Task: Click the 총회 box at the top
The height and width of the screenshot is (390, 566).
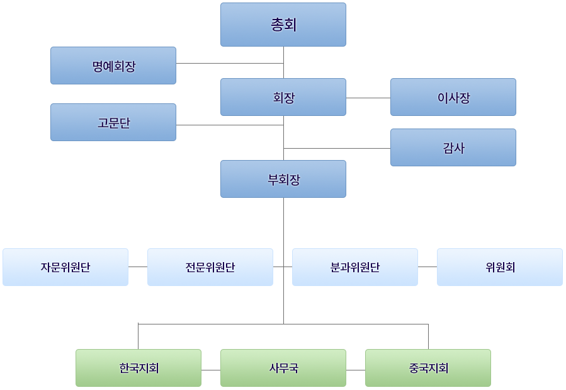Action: point(283,25)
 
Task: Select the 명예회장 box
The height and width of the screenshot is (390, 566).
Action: point(113,66)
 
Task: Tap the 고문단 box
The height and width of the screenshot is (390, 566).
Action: point(113,122)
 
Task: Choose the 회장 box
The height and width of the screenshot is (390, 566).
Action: point(283,97)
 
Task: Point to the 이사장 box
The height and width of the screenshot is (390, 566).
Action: point(453,97)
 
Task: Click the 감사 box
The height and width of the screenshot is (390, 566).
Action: point(453,147)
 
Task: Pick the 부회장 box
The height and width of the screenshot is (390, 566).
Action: point(283,179)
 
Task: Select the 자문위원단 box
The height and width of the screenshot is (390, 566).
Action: point(65,267)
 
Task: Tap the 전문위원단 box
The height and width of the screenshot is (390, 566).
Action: point(210,267)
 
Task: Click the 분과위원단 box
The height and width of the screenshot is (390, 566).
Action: point(355,267)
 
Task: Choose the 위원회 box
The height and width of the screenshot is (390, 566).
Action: point(500,267)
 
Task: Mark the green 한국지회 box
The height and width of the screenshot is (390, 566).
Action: point(139,368)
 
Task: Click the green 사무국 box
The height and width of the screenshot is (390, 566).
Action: point(283,368)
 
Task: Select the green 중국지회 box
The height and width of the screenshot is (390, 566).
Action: point(428,368)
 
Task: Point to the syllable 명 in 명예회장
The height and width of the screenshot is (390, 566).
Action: point(98,66)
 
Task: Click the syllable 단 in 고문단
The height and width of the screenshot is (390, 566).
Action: point(124,123)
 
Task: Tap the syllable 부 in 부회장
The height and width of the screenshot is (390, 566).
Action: point(273,180)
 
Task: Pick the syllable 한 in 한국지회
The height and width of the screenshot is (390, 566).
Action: point(124,369)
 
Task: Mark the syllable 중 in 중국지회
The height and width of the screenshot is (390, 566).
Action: point(414,369)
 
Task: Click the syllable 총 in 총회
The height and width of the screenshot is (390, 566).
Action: point(277,25)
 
